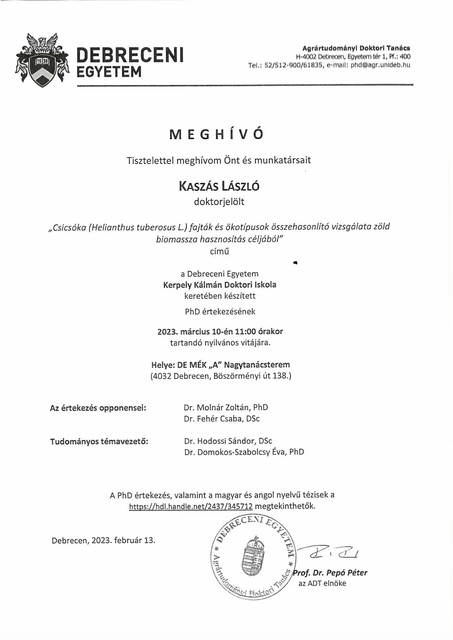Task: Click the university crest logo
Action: point(42,60)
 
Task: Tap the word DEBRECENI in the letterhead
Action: point(130,55)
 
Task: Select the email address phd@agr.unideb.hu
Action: point(380,65)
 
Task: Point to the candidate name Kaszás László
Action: point(219,186)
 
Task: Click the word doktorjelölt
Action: point(219,201)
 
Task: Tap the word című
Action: point(219,251)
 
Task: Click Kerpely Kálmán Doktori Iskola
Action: point(220,285)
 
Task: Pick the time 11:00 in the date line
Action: point(246,331)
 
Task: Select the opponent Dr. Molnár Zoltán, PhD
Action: point(226,407)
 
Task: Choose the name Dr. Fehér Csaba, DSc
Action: point(222,418)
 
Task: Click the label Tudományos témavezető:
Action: point(99,442)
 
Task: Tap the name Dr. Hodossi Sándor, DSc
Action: point(228,441)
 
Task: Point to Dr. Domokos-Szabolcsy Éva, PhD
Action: point(244,452)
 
